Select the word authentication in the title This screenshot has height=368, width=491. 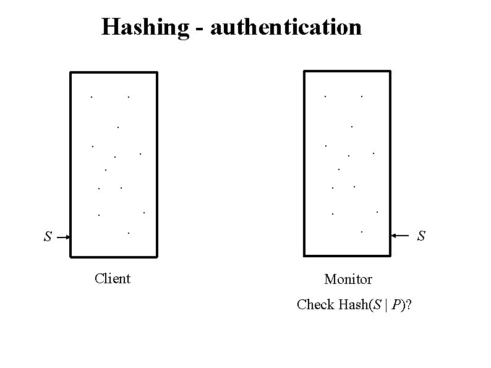(x=286, y=27)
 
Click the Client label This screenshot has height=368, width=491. (x=113, y=278)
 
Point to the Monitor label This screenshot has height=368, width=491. (x=348, y=279)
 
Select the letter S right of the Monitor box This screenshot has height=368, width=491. (x=421, y=236)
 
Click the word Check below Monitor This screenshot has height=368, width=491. (x=315, y=304)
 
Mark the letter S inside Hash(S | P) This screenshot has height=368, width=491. (x=377, y=304)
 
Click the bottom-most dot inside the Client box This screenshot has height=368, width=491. (x=128, y=233)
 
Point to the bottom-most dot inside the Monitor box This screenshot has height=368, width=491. (x=362, y=232)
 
